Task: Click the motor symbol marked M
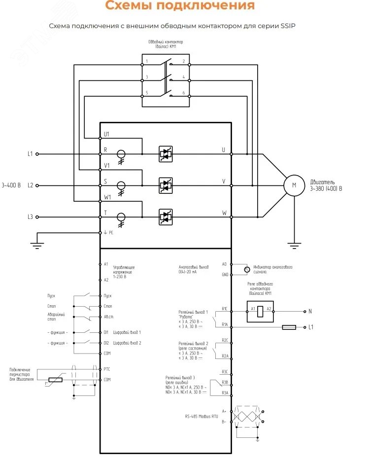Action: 294,185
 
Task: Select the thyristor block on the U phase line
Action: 166,154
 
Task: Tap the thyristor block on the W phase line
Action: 166,216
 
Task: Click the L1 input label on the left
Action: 30,154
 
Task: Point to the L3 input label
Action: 30,217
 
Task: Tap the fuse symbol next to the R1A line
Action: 288,327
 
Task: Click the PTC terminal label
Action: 107,369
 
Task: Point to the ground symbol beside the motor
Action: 294,243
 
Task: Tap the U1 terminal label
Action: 107,135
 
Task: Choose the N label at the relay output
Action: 310,312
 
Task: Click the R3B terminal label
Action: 225,382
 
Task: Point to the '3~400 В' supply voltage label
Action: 11,185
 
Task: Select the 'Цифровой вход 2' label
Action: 127,342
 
